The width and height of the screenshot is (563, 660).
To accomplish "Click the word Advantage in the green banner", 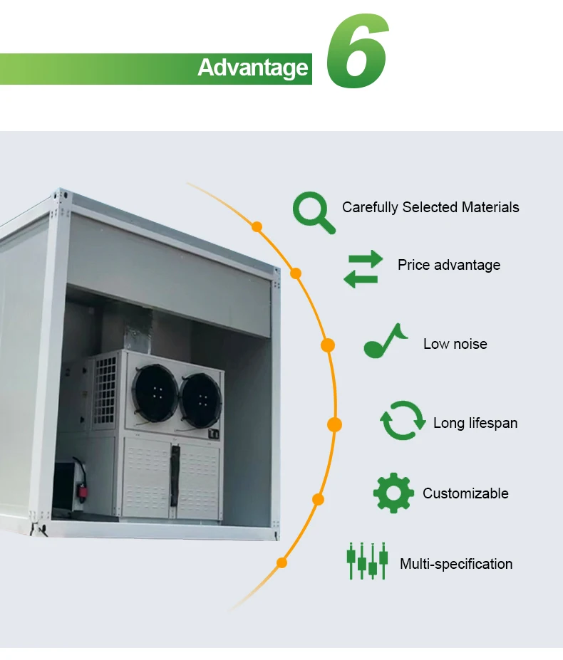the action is tap(253, 68).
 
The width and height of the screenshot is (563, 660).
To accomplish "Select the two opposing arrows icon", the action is tap(363, 269).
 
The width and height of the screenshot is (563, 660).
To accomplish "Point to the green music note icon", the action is tap(385, 341).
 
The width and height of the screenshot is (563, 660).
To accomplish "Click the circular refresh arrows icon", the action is tap(403, 421).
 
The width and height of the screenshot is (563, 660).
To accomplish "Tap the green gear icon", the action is tap(393, 493).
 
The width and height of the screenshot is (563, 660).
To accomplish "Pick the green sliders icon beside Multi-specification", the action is tap(367, 561).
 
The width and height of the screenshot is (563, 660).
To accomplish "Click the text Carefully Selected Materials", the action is tap(430, 207).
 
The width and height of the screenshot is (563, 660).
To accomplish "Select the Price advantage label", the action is tap(449, 265).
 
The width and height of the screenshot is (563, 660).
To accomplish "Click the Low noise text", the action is tap(455, 344).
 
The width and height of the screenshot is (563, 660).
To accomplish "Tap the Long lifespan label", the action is tap(475, 423).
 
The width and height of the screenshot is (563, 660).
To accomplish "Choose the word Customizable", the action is tap(465, 493).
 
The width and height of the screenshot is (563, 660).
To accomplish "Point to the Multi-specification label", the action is tap(456, 564).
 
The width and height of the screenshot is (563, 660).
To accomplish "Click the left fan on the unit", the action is tap(155, 393).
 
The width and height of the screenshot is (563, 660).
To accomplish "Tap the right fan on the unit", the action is tap(201, 401).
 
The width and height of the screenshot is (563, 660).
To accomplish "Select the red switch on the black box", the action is tap(80, 490).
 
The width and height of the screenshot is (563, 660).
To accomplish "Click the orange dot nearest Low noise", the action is tap(328, 345).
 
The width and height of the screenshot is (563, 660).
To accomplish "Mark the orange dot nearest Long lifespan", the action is tap(335, 425).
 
